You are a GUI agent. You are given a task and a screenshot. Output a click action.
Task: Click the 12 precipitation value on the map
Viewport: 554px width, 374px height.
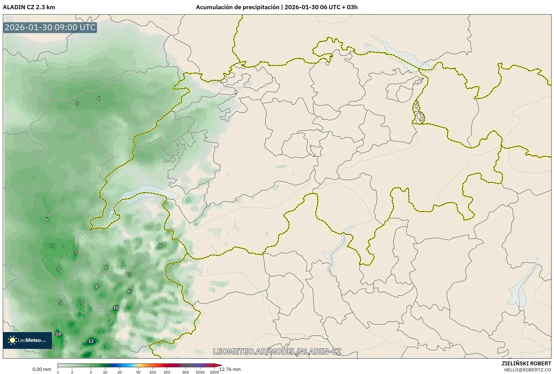(91, 341)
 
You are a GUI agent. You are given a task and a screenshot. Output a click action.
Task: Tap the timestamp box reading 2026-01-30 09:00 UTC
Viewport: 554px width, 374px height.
(50, 27)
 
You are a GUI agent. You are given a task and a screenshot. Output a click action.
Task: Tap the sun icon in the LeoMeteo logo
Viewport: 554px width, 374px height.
(12, 340)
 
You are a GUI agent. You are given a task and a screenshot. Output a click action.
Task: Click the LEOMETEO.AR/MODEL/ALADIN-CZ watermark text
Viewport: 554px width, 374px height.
(277, 351)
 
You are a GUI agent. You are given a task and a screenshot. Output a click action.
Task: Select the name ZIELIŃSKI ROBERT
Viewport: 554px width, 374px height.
(526, 363)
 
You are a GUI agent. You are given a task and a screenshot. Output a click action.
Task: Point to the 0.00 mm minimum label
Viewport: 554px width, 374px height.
(42, 369)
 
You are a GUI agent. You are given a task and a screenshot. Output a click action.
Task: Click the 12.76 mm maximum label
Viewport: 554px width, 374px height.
(230, 369)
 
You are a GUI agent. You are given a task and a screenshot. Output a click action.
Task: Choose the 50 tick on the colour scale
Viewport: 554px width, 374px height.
(138, 372)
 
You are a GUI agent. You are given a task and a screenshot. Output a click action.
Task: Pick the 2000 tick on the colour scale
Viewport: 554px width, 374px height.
(214, 372)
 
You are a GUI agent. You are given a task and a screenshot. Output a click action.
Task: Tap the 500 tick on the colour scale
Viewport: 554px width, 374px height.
(186, 372)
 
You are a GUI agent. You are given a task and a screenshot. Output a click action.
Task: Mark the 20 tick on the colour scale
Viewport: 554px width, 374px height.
(120, 372)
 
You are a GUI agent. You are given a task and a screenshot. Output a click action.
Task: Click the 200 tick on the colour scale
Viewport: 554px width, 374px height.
(167, 372)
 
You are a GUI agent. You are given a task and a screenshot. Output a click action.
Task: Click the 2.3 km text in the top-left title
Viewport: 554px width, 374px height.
(47, 7)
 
